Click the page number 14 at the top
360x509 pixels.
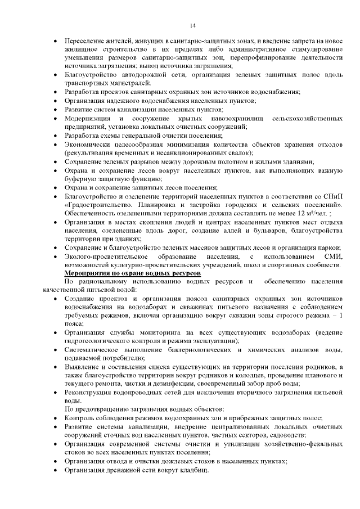[192, 25]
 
